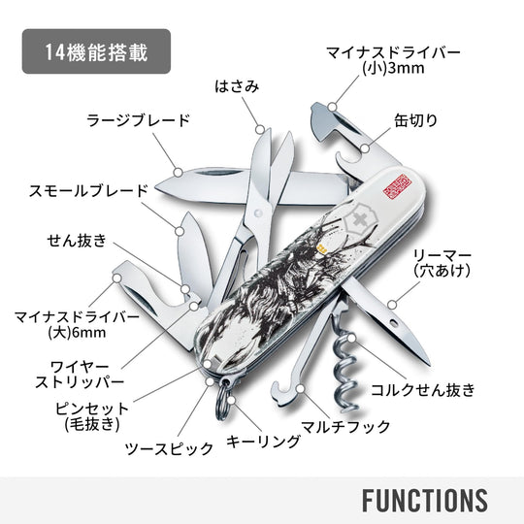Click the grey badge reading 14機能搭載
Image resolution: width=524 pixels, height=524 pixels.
pyautogui.click(x=96, y=51)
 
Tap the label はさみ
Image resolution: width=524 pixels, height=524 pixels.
pyautogui.click(x=237, y=86)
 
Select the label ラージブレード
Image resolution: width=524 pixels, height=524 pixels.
pyautogui.click(x=139, y=120)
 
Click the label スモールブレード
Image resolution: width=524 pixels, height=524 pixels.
pyautogui.click(x=88, y=191)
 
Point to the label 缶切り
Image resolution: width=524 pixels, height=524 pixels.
pyautogui.click(x=415, y=120)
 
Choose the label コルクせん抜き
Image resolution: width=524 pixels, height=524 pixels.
pyautogui.click(x=423, y=390)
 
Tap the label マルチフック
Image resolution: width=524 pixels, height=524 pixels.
pyautogui.click(x=345, y=427)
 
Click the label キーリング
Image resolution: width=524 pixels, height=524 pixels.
pyautogui.click(x=263, y=442)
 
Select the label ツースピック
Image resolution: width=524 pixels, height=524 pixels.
pyautogui.click(x=169, y=448)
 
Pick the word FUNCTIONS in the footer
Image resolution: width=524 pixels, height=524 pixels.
pyautogui.click(x=425, y=500)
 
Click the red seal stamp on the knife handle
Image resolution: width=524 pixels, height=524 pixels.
pyautogui.click(x=397, y=186)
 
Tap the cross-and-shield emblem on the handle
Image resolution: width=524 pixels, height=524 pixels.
pyautogui.click(x=361, y=220)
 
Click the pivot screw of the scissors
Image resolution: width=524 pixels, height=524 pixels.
pyautogui.click(x=258, y=213)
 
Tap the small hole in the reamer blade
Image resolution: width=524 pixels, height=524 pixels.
pyautogui.click(x=395, y=323)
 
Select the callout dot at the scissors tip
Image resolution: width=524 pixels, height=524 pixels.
pyautogui.click(x=260, y=130)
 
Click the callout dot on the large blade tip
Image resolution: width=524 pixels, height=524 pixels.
pyautogui.click(x=179, y=173)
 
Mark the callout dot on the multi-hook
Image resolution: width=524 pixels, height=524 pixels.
pyautogui.click(x=301, y=389)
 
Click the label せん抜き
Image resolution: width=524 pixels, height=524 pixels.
pyautogui.click(x=77, y=241)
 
